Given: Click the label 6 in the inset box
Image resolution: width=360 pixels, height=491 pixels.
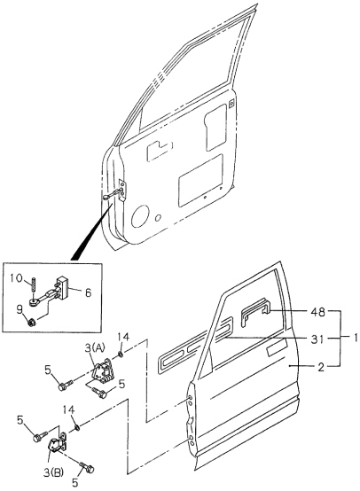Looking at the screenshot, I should click(x=88, y=290).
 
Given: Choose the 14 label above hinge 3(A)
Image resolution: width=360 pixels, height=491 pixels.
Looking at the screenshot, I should click(x=124, y=338).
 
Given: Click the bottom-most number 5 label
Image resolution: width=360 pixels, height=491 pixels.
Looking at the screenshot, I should click(x=75, y=484).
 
